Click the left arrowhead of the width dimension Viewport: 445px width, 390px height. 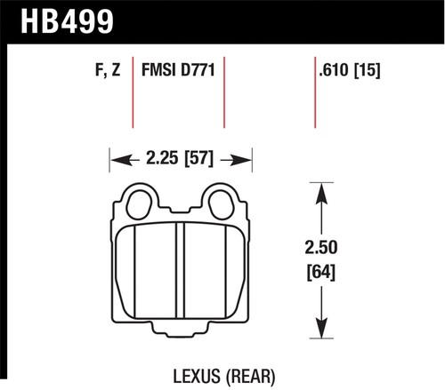[114, 161]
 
